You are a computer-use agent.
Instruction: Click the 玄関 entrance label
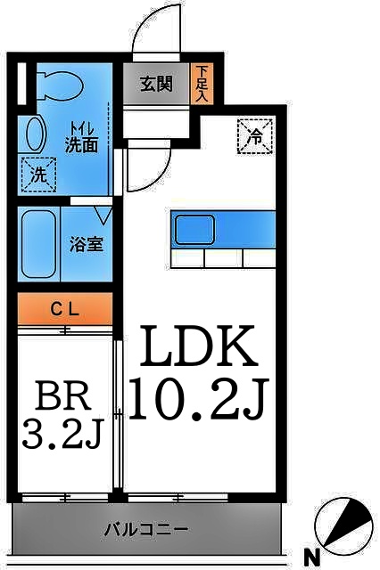click(156, 86)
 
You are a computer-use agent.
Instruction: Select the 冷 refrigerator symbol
click(253, 136)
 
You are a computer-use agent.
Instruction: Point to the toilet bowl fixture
click(56, 85)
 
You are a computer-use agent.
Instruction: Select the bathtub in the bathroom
click(40, 244)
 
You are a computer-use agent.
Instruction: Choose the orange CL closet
click(65, 310)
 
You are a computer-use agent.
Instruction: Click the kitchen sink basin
click(194, 230)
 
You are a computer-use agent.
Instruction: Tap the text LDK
click(195, 349)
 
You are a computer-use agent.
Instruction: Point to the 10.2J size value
click(198, 397)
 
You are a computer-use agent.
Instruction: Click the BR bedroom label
click(63, 394)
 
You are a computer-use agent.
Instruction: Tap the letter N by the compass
click(313, 558)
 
